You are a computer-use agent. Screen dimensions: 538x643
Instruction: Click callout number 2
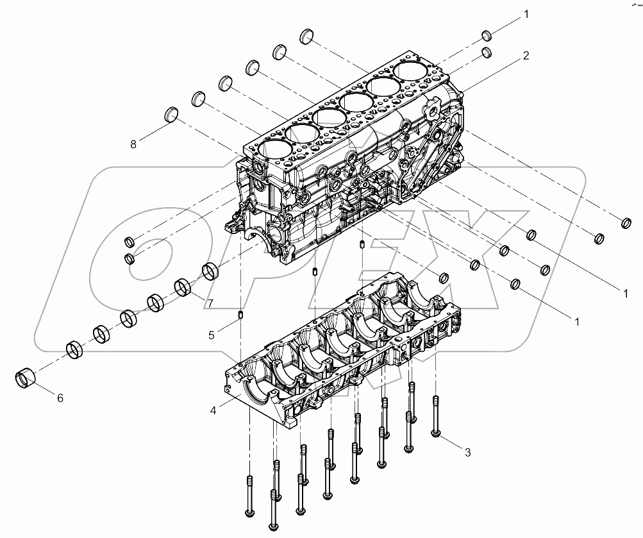coord(525,56)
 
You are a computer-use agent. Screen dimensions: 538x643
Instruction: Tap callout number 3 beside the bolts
coord(467,453)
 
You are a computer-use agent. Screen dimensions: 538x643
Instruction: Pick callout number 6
coord(60,398)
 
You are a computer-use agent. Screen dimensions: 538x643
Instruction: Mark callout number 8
coord(133,144)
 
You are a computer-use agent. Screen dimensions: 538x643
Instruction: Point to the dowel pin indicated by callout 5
coord(240,314)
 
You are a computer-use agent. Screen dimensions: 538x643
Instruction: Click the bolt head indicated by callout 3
coord(435,435)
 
